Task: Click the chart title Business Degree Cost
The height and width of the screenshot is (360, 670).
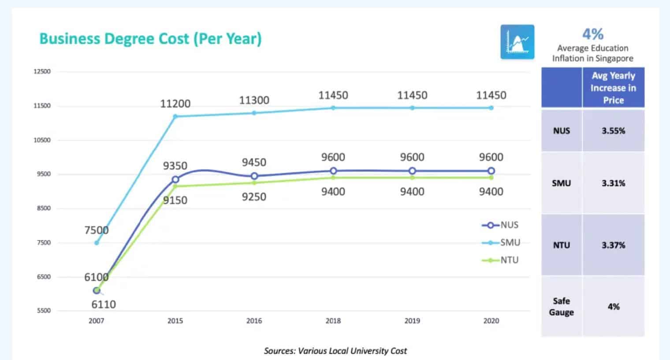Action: (150, 39)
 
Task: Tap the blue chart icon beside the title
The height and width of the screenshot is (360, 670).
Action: (517, 42)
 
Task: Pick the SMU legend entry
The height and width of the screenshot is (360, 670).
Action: (501, 243)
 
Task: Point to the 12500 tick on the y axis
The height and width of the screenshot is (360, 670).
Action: (42, 71)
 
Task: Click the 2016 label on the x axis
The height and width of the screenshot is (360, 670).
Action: (254, 321)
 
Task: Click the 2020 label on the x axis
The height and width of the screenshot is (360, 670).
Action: (491, 321)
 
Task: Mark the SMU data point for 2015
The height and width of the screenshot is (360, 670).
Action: (175, 116)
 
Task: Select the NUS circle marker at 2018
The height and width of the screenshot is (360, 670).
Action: (333, 171)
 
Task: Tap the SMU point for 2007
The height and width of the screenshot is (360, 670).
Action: (97, 243)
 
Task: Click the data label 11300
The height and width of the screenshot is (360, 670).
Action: (254, 100)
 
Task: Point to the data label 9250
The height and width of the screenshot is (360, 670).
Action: (254, 197)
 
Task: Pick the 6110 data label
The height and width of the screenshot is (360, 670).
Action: (104, 304)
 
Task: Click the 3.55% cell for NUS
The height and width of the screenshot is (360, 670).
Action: (613, 131)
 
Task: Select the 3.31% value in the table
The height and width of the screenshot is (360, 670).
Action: (613, 183)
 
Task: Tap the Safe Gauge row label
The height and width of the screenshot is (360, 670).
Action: (561, 307)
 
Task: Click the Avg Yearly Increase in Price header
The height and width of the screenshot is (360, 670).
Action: (613, 88)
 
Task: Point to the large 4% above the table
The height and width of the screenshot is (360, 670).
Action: (593, 34)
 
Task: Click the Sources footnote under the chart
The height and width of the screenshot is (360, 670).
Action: (335, 351)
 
